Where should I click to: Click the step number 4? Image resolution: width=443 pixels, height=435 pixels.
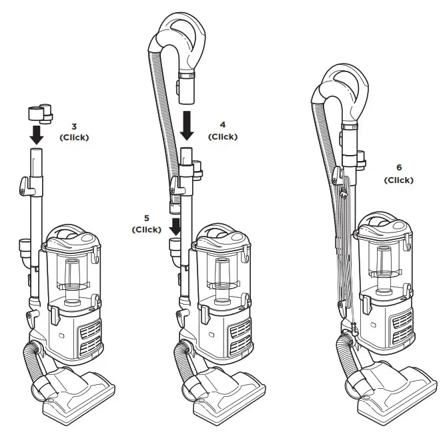(223, 124)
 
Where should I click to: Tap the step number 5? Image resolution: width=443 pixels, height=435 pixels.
(147, 219)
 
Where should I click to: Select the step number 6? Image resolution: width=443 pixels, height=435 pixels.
(398, 168)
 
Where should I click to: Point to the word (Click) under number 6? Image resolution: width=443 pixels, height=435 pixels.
(398, 180)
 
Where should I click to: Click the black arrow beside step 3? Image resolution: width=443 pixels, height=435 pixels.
(37, 134)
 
